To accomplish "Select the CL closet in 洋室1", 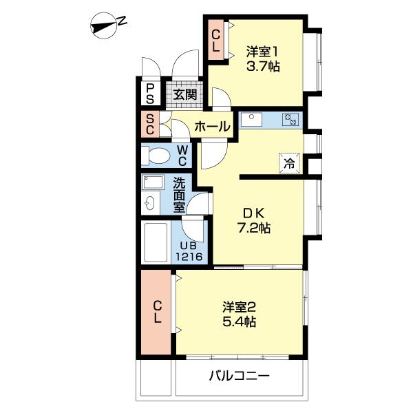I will pyautogui.click(x=215, y=41).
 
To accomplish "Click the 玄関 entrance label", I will pyautogui.click(x=184, y=94).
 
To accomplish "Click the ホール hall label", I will pyautogui.click(x=212, y=127).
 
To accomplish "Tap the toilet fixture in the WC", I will pyautogui.click(x=156, y=156).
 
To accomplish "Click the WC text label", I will pyautogui.click(x=182, y=156).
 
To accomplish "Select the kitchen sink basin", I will pyautogui.click(x=251, y=120).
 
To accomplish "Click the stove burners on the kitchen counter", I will pyautogui.click(x=291, y=120).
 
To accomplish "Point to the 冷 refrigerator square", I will pyautogui.click(x=290, y=163).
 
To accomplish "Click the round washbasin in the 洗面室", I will pyautogui.click(x=150, y=204).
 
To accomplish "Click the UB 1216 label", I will pyautogui.click(x=191, y=251).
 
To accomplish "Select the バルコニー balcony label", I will pyautogui.click(x=239, y=377).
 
